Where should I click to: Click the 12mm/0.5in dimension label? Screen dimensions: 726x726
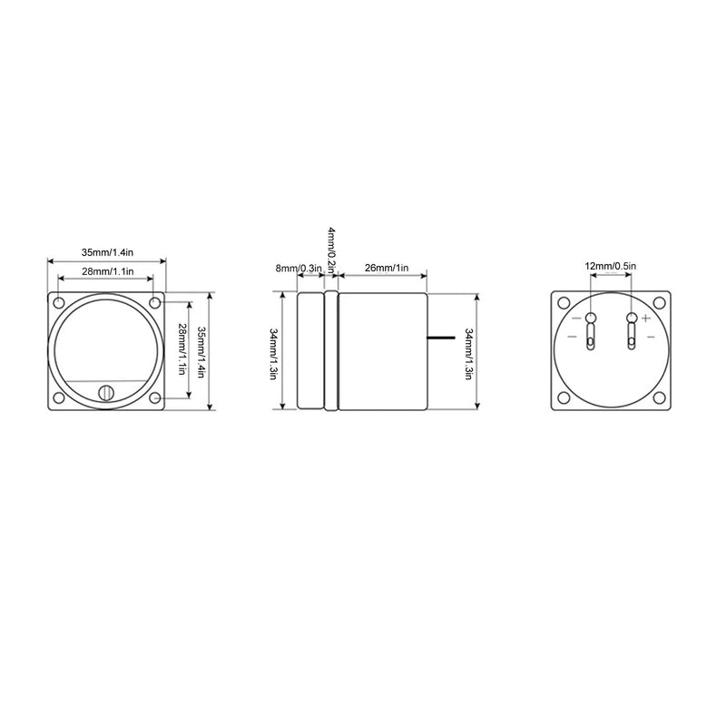click(x=610, y=266)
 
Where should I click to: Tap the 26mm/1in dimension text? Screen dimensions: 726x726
click(x=387, y=268)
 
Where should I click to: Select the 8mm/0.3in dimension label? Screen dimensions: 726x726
click(x=299, y=268)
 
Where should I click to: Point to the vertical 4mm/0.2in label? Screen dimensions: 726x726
click(x=332, y=250)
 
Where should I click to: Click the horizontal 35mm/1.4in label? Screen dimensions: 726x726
click(x=107, y=252)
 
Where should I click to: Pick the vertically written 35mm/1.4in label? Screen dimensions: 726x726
click(x=201, y=352)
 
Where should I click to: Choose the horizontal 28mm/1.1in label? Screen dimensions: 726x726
click(x=108, y=271)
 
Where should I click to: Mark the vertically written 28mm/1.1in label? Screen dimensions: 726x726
click(x=182, y=348)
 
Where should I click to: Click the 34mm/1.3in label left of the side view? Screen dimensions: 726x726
click(x=273, y=354)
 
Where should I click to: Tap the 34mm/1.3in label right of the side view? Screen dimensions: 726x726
click(x=468, y=354)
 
